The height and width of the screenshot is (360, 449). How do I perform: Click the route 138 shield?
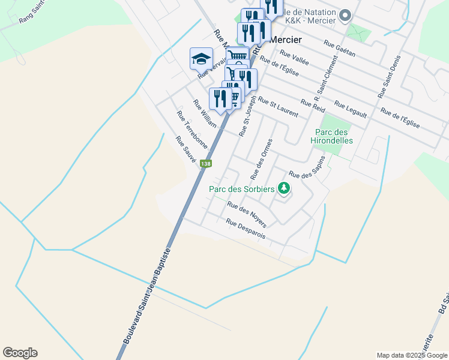[x=206, y=164]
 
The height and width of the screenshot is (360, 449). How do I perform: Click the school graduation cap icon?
[x=201, y=59]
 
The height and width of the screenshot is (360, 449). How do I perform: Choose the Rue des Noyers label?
[x=247, y=214]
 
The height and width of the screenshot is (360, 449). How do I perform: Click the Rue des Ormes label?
[x=262, y=159]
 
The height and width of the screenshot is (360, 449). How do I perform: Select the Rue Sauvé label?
[x=186, y=149]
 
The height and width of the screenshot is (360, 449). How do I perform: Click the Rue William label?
[x=205, y=113]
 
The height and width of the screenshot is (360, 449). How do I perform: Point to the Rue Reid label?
[x=313, y=106]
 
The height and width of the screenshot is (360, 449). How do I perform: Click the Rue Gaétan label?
[x=339, y=49]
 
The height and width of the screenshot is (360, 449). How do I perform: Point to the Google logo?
[x=20, y=353]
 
